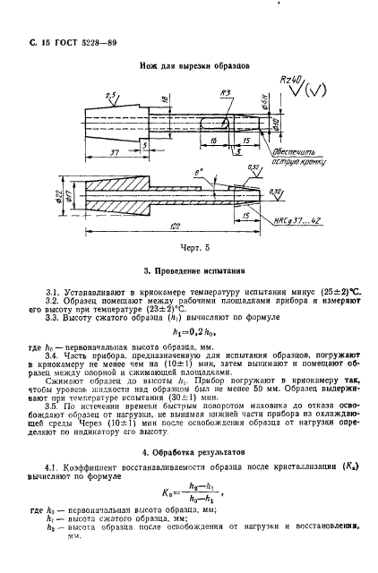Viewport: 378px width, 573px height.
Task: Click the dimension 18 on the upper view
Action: tap(152, 99)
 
